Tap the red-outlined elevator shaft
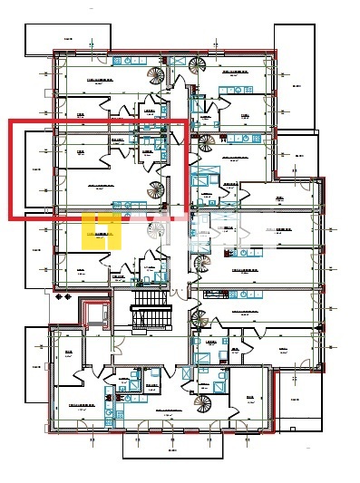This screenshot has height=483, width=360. coord(96,314)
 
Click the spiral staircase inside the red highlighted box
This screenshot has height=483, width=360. coord(158,191)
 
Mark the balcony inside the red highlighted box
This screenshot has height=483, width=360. coord(37,169)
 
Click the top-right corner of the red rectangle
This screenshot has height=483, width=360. coord(186,121)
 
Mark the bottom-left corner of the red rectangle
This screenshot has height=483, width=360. coord(11,217)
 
